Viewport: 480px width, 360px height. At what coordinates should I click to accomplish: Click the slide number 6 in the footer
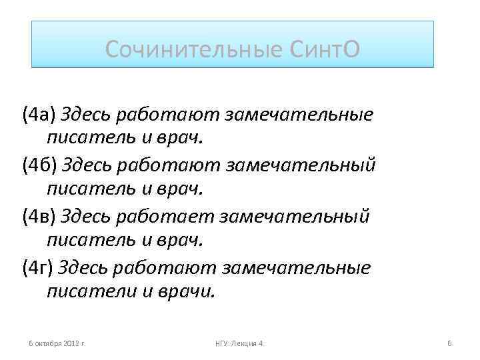click(449, 343)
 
